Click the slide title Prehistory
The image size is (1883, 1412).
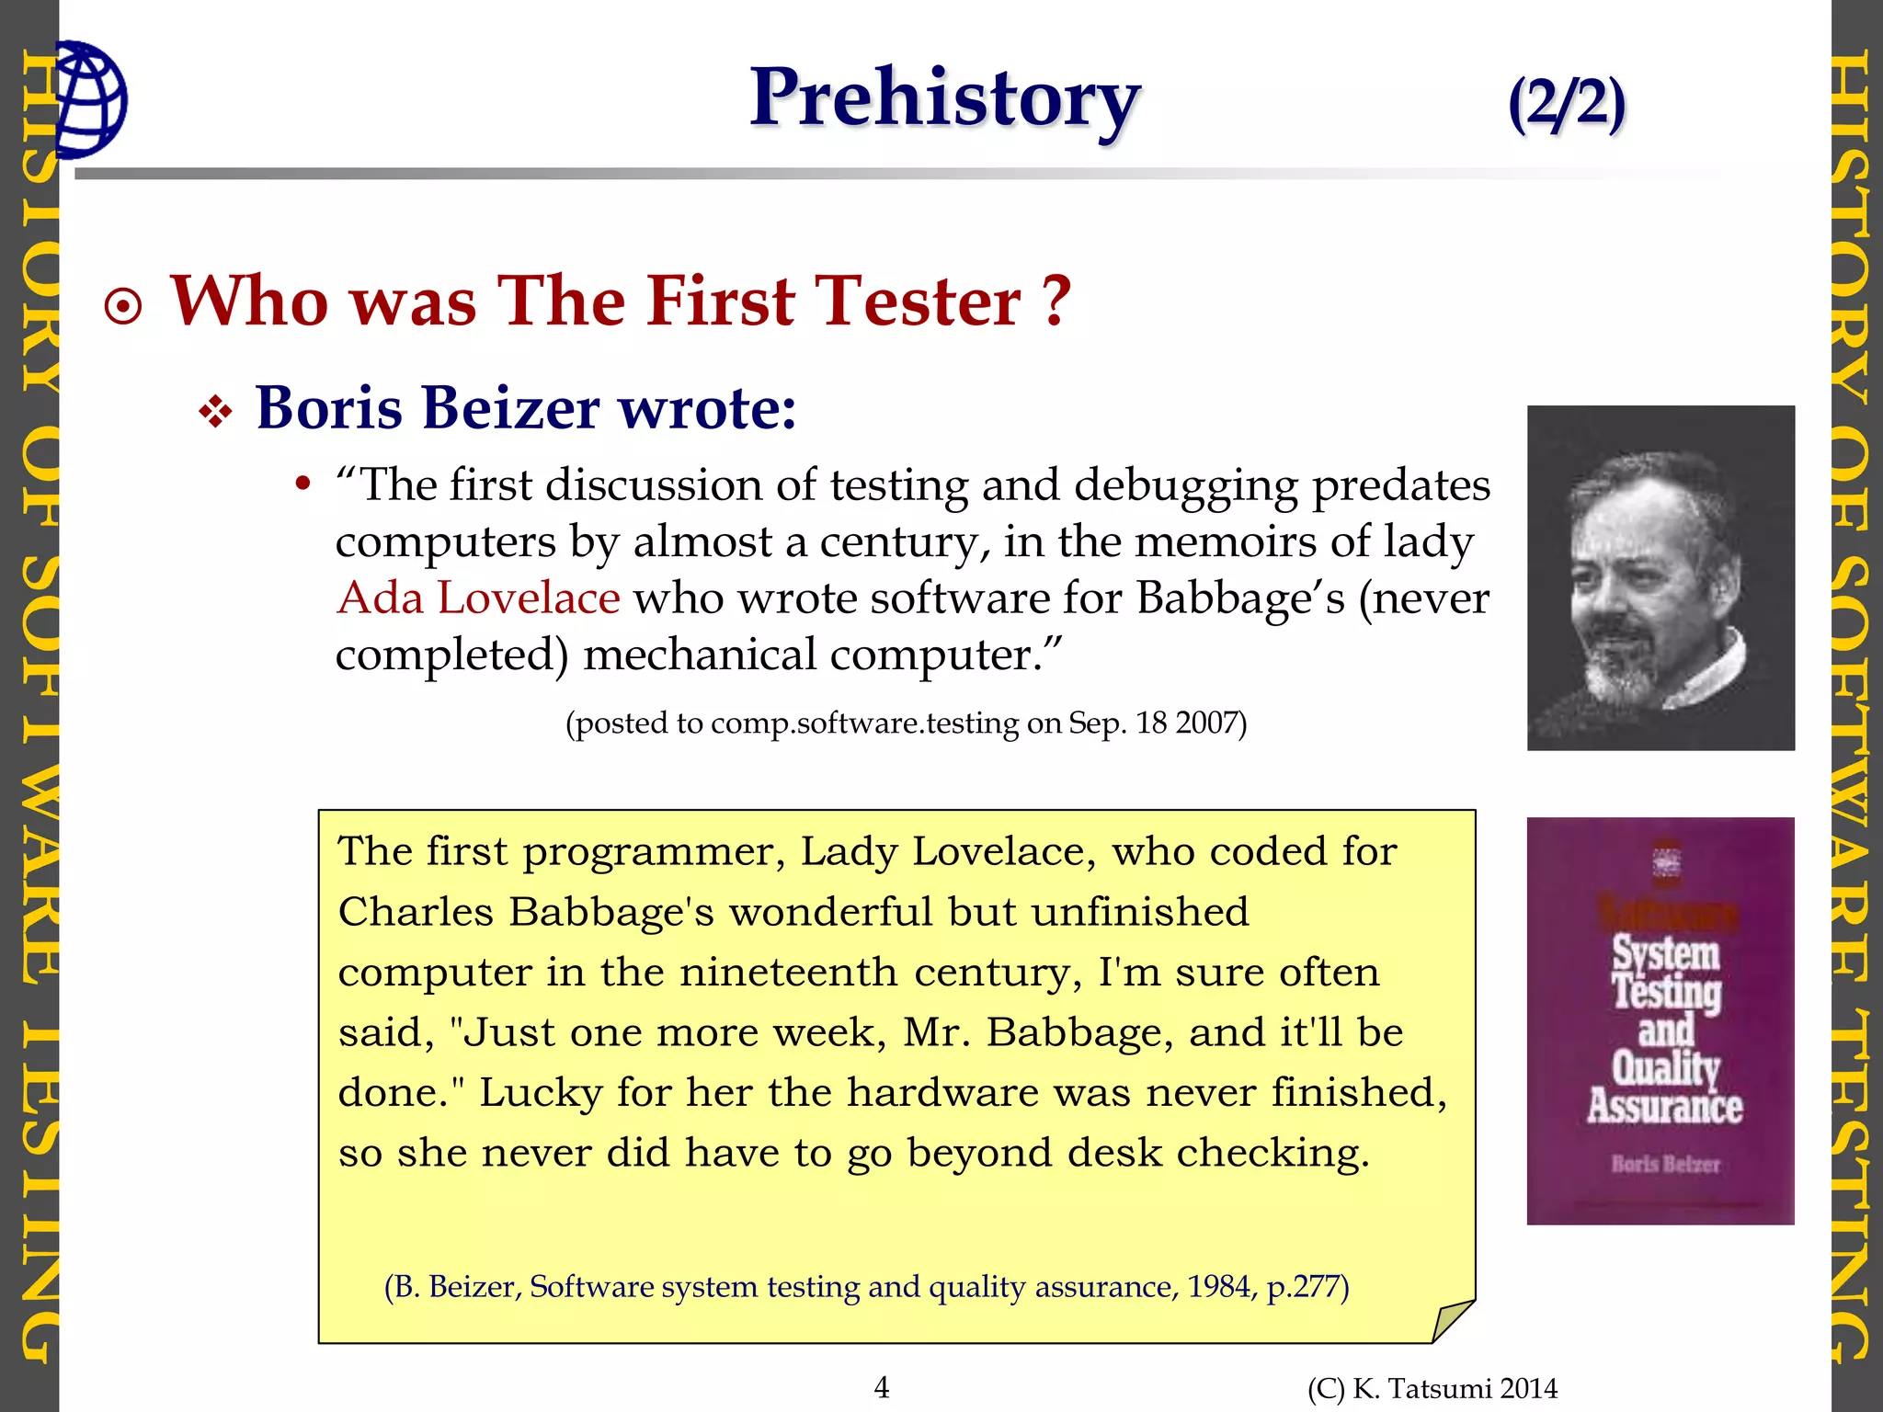pyautogui.click(x=944, y=98)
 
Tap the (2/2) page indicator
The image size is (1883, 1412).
pyautogui.click(x=1567, y=103)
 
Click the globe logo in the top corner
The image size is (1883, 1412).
pyautogui.click(x=90, y=99)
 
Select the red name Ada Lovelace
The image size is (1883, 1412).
pyautogui.click(x=478, y=598)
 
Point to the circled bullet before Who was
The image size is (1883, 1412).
pyautogui.click(x=124, y=307)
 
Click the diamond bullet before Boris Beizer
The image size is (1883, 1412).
pyautogui.click(x=216, y=412)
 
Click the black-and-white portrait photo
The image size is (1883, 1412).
pyautogui.click(x=1660, y=577)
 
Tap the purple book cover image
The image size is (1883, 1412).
pyautogui.click(x=1660, y=1020)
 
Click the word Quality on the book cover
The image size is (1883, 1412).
pyautogui.click(x=1665, y=1068)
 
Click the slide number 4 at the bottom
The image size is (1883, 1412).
pyautogui.click(x=882, y=1387)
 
